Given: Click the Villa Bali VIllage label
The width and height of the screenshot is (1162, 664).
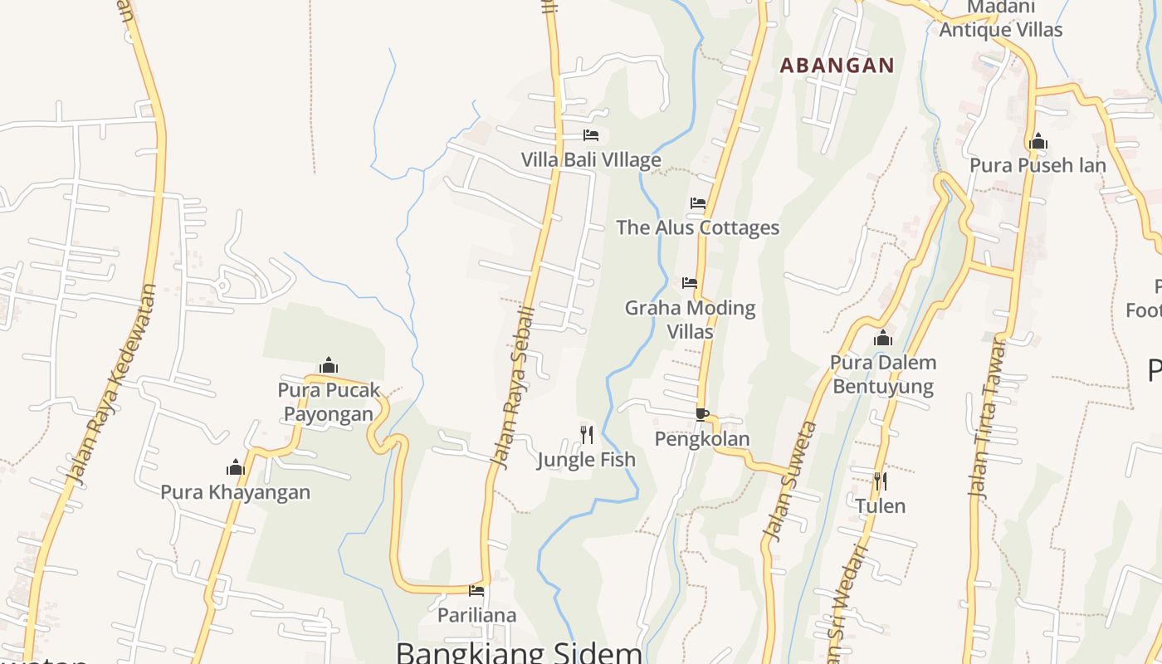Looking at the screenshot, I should click(591, 159).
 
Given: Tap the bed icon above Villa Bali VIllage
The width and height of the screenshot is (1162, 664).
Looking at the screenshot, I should click(591, 134).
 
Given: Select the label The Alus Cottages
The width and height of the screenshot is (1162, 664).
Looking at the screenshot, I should click(697, 227).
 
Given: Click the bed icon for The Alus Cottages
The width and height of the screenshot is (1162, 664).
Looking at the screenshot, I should click(698, 203).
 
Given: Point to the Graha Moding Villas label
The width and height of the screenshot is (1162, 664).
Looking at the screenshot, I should click(690, 320).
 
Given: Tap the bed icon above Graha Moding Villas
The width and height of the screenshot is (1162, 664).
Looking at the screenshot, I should click(690, 282).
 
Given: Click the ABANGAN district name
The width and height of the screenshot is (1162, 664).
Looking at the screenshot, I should click(837, 66).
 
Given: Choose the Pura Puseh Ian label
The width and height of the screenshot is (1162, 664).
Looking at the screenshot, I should click(1037, 165).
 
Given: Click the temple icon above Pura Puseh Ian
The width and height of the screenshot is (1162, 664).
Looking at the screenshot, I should click(1037, 142).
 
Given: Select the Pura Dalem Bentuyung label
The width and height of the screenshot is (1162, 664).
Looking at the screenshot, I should click(883, 374).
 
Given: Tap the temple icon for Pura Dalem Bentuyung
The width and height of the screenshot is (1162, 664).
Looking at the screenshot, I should click(883, 338).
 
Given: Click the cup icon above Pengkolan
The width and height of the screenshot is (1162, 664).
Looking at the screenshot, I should click(702, 414).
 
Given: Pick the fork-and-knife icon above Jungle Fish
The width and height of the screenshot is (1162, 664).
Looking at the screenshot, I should click(587, 434).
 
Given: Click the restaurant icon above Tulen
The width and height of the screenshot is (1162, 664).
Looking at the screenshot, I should click(880, 481).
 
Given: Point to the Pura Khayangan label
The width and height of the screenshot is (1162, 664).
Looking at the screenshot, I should click(235, 492).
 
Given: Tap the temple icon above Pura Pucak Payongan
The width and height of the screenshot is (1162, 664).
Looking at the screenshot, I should click(329, 365).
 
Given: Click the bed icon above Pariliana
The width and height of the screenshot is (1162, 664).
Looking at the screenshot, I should click(476, 591).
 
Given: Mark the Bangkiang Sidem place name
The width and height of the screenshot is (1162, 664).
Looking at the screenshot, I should click(519, 652).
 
